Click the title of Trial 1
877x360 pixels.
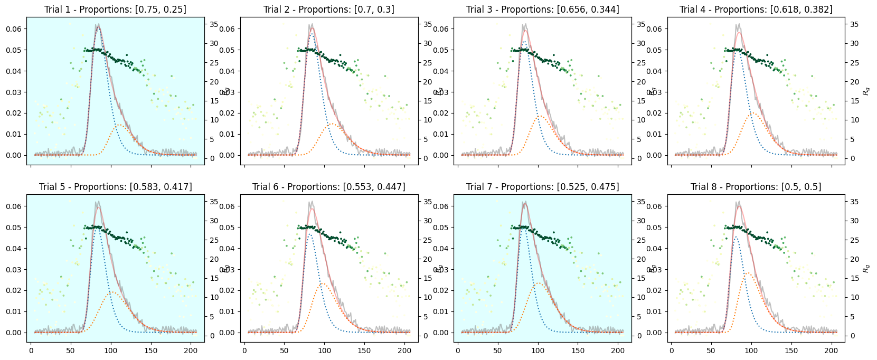pos(115,10)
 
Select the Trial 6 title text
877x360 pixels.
pos(328,187)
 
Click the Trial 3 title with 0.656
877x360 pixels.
pos(542,10)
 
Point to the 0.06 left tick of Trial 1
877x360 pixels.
pos(14,29)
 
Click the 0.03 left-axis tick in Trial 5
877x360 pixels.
pos(14,270)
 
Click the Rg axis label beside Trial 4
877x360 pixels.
pos(866,91)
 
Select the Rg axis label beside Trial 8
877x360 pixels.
pos(866,269)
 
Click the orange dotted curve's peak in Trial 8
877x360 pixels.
pos(748,273)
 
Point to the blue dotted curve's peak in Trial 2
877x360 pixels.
pos(312,33)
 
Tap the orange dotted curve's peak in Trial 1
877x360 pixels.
pos(118,125)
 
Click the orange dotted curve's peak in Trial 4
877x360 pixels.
pos(752,112)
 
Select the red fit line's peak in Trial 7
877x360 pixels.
pos(525,203)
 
